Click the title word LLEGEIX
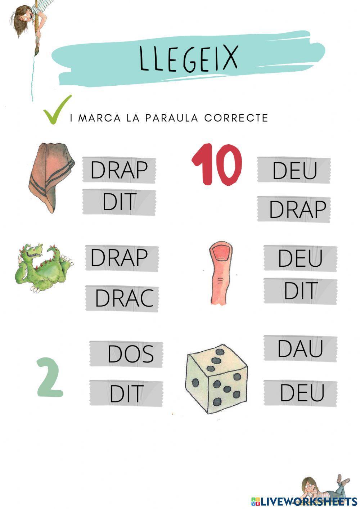pos(188,59)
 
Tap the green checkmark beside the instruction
pos(57,110)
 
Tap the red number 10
pos(217,165)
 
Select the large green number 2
pos(50,377)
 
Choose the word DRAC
pos(124,298)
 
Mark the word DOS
pos(131,354)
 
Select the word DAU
pos(300,348)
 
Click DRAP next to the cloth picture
pos(119,170)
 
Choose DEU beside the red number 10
pos(294,170)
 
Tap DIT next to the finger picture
pos(301,291)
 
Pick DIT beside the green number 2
pos(127,393)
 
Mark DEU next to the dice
pos(302,393)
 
